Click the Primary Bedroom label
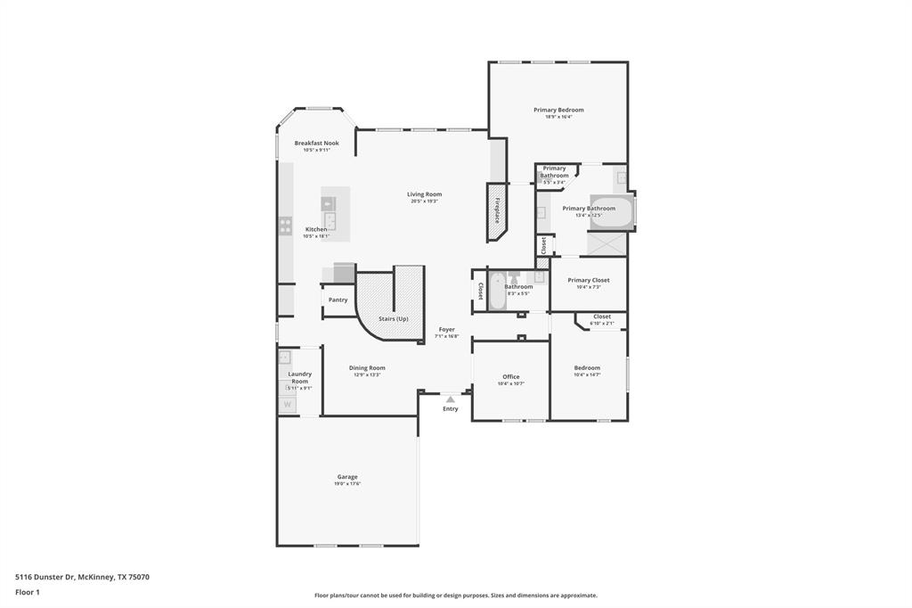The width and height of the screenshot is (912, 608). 558,110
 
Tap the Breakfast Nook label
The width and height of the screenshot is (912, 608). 316,143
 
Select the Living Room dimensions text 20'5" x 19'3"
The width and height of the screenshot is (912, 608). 424,201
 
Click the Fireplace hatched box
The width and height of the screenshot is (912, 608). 496,211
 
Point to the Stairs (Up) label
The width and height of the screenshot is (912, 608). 393,318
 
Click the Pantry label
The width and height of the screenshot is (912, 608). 338,300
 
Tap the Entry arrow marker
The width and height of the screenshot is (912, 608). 451,399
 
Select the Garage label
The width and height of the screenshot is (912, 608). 346,476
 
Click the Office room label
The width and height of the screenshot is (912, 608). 510,376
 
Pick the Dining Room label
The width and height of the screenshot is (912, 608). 367,367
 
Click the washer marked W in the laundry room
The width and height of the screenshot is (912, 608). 287,405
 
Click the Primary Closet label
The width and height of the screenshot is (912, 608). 588,280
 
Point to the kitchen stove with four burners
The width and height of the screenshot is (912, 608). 285,226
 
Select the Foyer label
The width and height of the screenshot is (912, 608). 446,329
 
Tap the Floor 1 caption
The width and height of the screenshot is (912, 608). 28,592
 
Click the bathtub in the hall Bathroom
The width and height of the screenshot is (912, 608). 497,290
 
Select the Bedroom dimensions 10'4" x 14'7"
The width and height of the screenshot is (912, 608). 587,375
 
